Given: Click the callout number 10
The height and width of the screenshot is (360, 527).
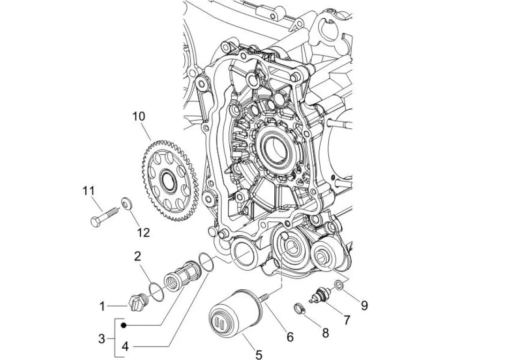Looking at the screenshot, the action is click(x=139, y=116).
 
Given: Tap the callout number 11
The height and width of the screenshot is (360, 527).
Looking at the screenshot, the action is click(x=89, y=191).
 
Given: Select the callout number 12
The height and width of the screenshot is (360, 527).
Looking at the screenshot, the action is click(x=143, y=232).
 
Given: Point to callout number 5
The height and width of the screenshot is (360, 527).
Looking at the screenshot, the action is click(x=258, y=354).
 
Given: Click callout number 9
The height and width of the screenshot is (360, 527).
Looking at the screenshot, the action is click(x=364, y=305).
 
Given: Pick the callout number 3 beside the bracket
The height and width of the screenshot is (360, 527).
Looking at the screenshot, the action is click(x=101, y=338).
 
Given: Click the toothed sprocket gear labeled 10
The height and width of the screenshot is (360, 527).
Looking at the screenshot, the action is click(x=171, y=181).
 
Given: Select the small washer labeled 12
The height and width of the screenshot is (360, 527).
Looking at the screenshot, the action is click(x=127, y=203).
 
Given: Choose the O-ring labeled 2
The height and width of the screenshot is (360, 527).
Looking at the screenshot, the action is click(x=156, y=292).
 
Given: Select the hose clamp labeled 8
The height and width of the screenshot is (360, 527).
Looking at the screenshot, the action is click(x=300, y=309).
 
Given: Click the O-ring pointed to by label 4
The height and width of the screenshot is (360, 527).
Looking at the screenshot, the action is click(x=206, y=262).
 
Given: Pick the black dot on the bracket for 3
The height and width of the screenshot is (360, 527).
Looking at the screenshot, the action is click(x=124, y=325).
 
